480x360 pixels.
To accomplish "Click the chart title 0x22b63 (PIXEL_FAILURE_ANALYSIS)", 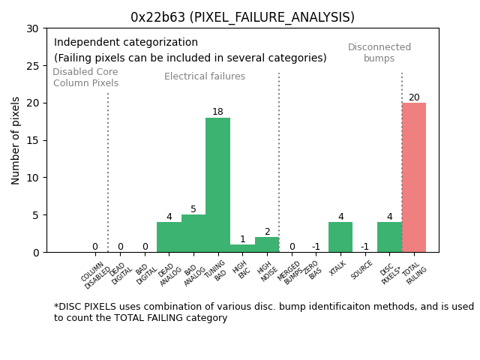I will tap(242, 17).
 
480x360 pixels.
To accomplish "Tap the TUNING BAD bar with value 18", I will tap(217, 184).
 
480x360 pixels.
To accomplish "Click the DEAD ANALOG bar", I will tap(169, 237).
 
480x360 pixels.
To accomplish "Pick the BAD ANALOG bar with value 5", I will tap(193, 233).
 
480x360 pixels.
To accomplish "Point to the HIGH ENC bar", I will tap(242, 248).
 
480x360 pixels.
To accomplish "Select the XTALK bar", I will tap(340, 237).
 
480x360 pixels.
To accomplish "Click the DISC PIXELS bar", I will tap(389, 237).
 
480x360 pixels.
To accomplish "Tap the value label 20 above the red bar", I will tap(414, 97).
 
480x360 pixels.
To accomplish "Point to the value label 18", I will tap(217, 112).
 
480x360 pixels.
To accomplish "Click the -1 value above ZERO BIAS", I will tap(316, 247).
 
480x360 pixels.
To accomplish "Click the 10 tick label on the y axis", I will tap(36, 178).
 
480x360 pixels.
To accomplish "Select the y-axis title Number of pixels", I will tap(16, 140).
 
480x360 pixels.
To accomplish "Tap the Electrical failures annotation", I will tap(205, 76).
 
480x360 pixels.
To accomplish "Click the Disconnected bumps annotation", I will tap(379, 52).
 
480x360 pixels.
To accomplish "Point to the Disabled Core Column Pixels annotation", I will tap(85, 77).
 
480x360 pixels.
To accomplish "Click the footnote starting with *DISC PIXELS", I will tap(263, 312).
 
